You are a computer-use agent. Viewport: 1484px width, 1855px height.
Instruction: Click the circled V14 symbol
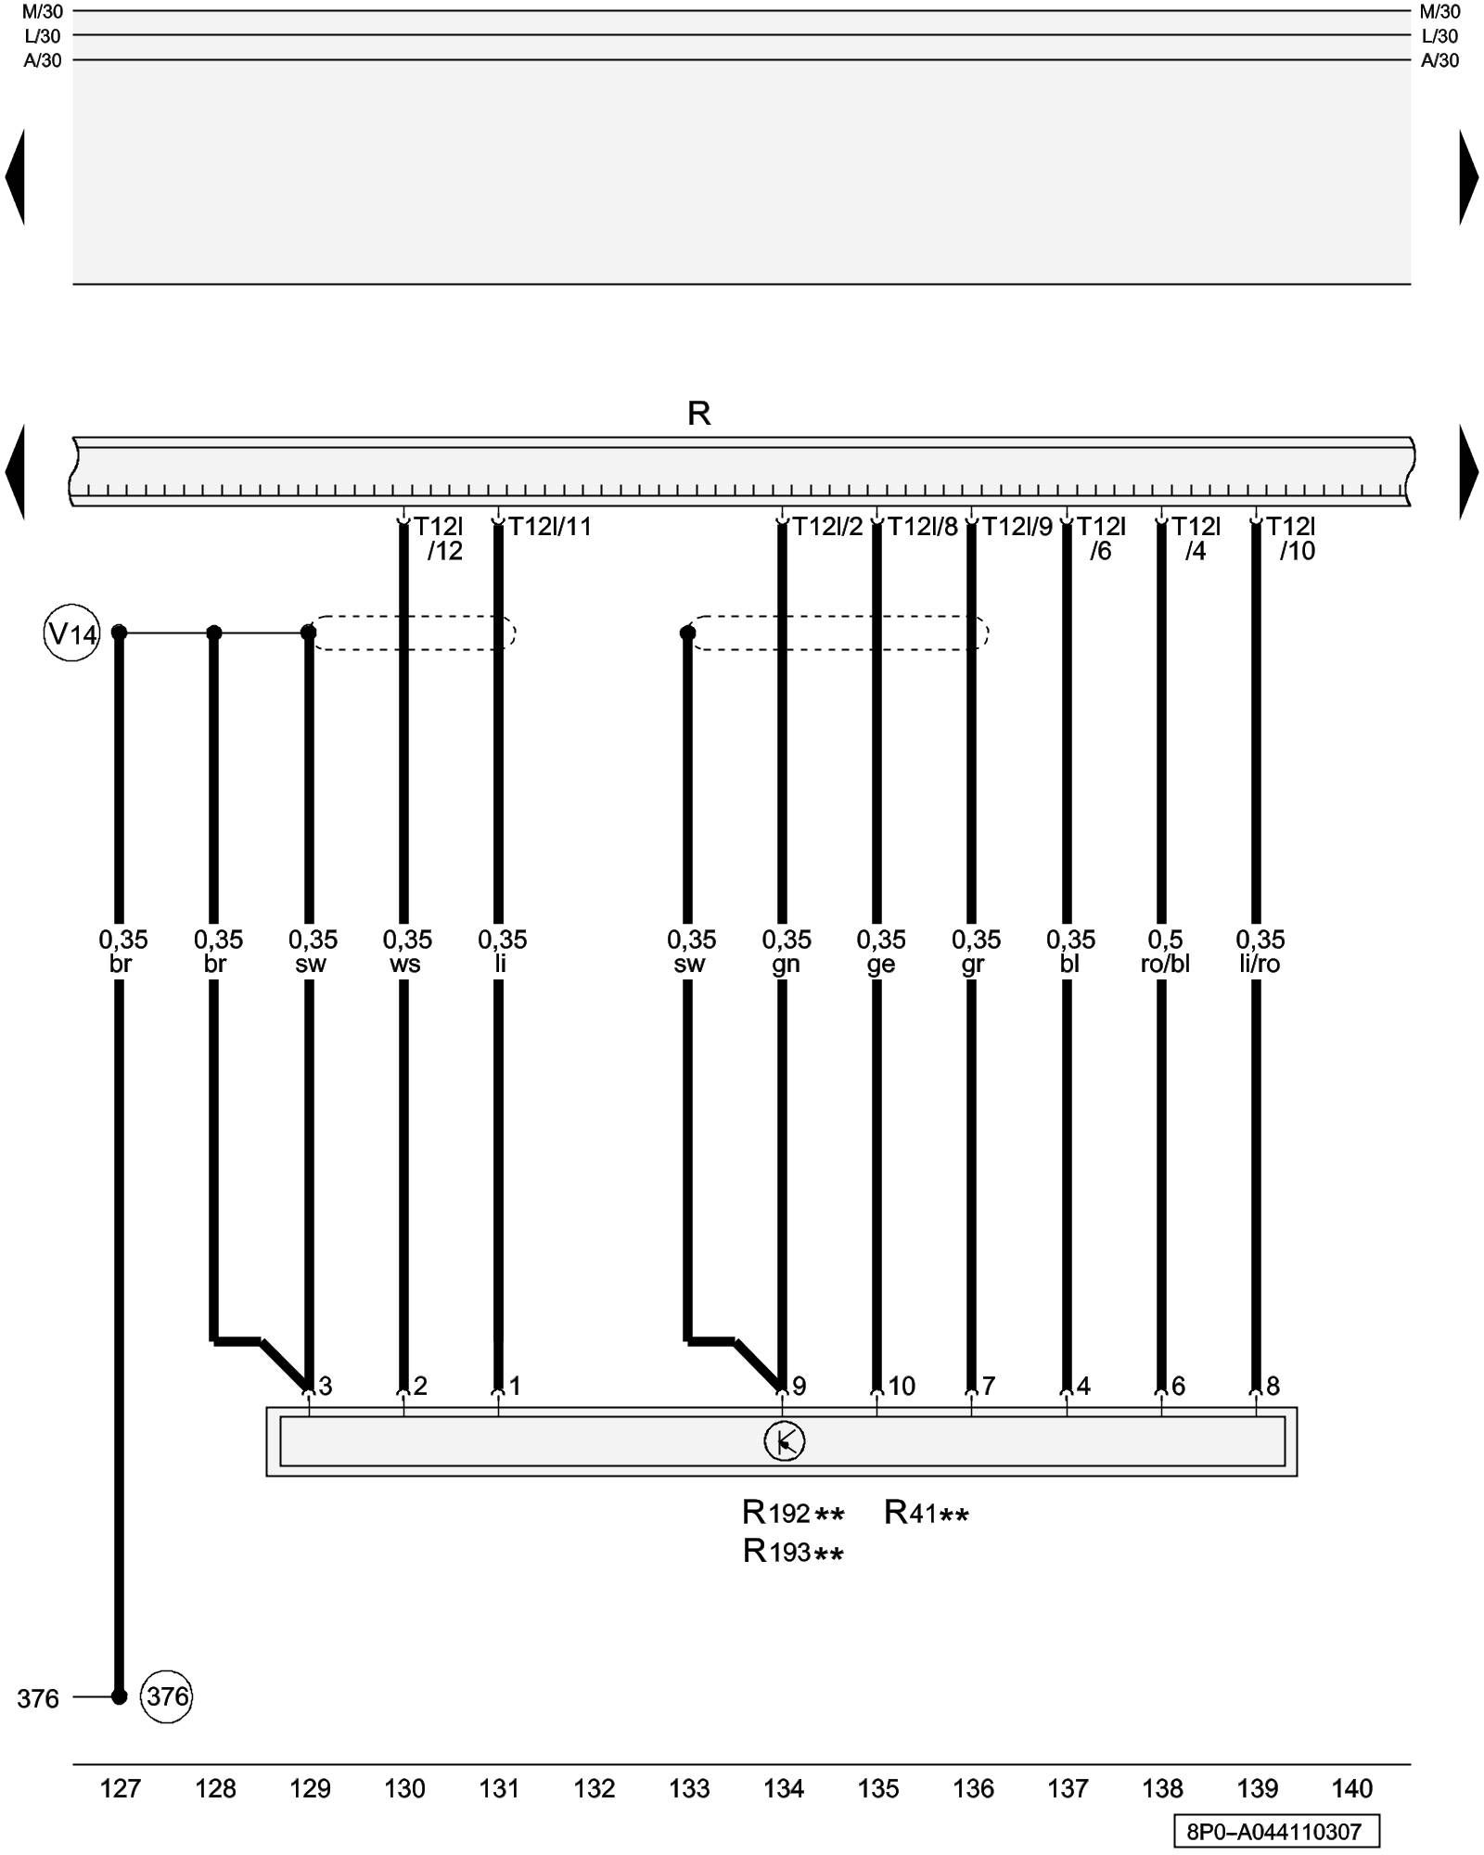(71, 634)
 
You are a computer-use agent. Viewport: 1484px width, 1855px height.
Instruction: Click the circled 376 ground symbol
(167, 1696)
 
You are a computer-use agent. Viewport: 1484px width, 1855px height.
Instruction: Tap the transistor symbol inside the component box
(784, 1441)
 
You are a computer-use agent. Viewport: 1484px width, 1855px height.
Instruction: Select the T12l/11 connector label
(549, 527)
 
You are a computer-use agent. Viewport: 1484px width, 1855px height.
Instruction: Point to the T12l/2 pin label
(827, 527)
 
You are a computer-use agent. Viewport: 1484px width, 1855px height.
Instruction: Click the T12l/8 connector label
(922, 527)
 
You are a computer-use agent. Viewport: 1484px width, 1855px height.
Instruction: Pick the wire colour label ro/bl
(1165, 965)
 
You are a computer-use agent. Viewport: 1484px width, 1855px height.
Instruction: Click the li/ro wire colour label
(1260, 965)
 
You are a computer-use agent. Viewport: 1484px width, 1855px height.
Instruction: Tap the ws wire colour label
(405, 965)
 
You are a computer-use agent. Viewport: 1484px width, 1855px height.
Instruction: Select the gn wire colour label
(786, 965)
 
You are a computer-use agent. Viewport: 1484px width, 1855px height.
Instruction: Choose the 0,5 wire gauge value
(1165, 940)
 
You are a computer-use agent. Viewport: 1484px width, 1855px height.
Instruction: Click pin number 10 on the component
(902, 1387)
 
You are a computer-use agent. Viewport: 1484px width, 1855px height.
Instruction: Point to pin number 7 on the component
(989, 1387)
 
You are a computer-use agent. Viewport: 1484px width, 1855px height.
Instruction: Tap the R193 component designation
(777, 1551)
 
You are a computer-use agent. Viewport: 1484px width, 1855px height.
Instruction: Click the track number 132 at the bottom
(595, 1788)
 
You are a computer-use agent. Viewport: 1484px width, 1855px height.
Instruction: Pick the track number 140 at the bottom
(1352, 1788)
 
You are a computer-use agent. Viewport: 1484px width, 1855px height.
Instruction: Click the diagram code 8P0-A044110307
(1274, 1832)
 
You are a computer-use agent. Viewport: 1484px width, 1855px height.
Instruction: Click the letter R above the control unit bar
(698, 414)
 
